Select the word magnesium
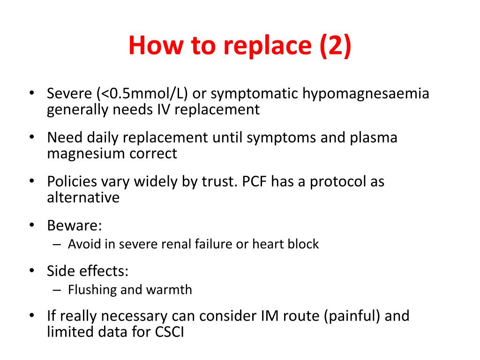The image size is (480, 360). tap(84, 154)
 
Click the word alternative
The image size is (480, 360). tap(83, 198)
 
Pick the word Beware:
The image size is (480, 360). tap(75, 225)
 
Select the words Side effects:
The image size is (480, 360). tap(88, 271)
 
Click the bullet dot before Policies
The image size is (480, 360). tap(31, 181)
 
